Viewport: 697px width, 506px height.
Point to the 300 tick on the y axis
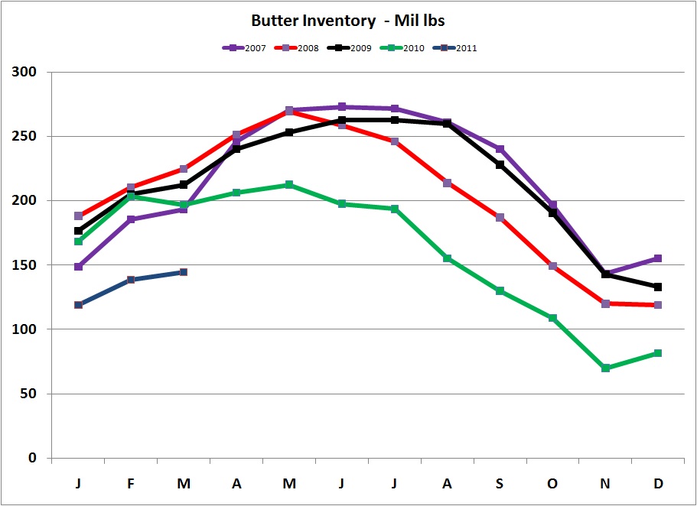pyautogui.click(x=28, y=73)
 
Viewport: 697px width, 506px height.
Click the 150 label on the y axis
pyautogui.click(x=28, y=265)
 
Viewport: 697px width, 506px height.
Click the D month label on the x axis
pyautogui.click(x=658, y=485)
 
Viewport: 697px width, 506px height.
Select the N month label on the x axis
pyautogui.click(x=605, y=485)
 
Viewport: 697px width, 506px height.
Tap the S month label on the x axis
pyautogui.click(x=500, y=485)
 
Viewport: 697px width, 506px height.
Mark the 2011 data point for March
pyautogui.click(x=184, y=272)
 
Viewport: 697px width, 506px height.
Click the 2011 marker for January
pyautogui.click(x=78, y=305)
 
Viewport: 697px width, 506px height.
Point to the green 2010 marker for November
pyautogui.click(x=605, y=368)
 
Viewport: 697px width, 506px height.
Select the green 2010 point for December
pyautogui.click(x=658, y=353)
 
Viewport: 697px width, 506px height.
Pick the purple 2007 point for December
pyautogui.click(x=658, y=259)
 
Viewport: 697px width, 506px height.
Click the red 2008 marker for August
pyautogui.click(x=447, y=183)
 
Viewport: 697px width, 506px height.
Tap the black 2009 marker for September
pyautogui.click(x=500, y=165)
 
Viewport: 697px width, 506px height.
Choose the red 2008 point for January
pyautogui.click(x=78, y=216)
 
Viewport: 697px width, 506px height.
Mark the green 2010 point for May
pyautogui.click(x=289, y=185)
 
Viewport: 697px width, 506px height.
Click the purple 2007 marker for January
pyautogui.click(x=78, y=267)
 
